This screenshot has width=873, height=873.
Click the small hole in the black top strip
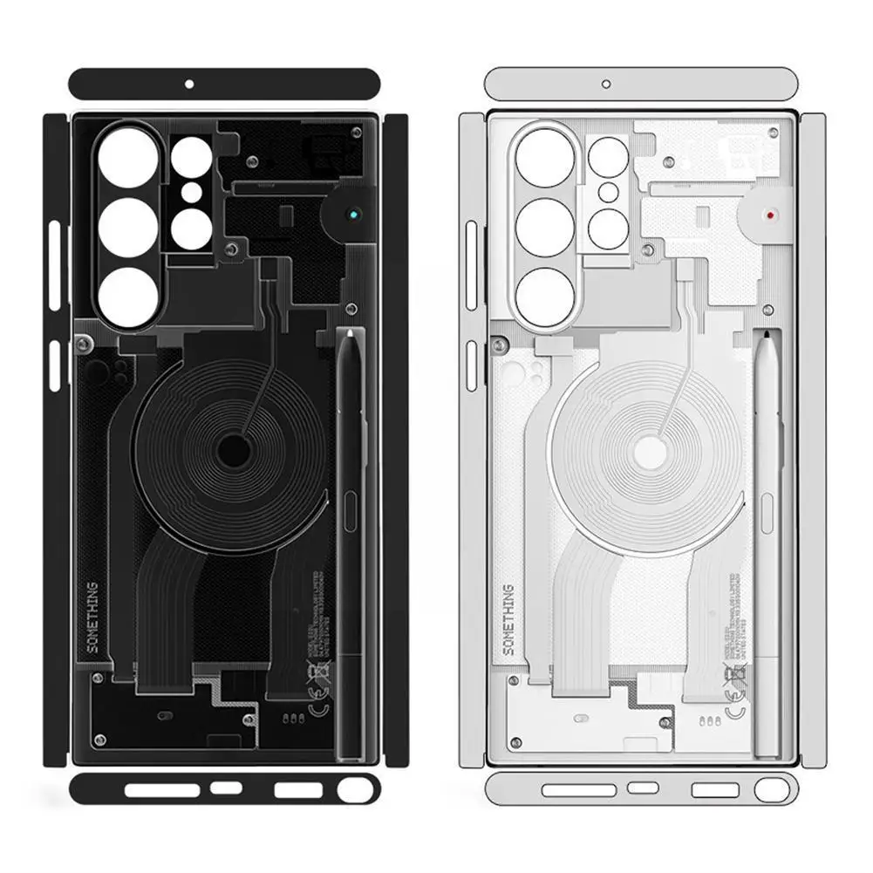(x=188, y=85)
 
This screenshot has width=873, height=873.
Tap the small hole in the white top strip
(x=606, y=85)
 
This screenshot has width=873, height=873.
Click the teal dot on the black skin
(x=351, y=213)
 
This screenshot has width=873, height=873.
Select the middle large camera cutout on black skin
(x=128, y=227)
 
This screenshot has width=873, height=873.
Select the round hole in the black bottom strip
(x=352, y=790)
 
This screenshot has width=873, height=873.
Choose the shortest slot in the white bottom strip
(x=643, y=789)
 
